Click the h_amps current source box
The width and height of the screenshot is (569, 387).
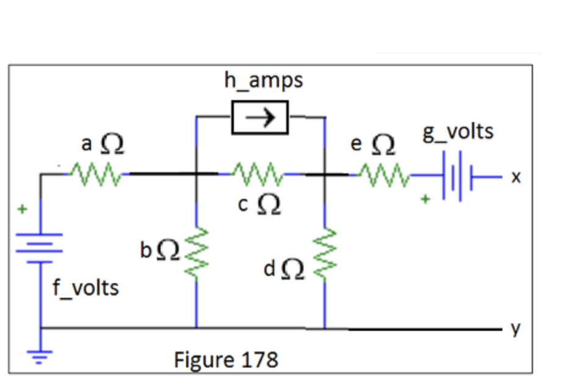259,118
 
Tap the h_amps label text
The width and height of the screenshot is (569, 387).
263,80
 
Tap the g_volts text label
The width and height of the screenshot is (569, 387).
458,131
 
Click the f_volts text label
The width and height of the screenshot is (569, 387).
85,286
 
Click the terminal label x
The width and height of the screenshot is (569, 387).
516,177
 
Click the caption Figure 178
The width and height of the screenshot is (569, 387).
226,359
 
